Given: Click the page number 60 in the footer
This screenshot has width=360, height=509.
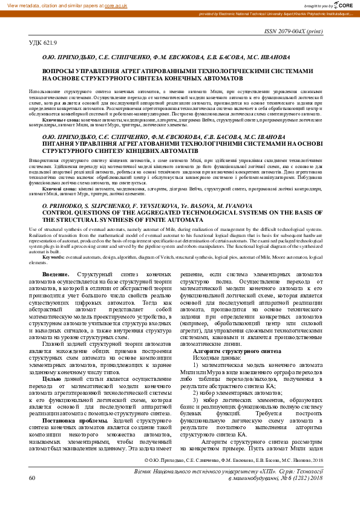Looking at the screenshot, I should [32, 494].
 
